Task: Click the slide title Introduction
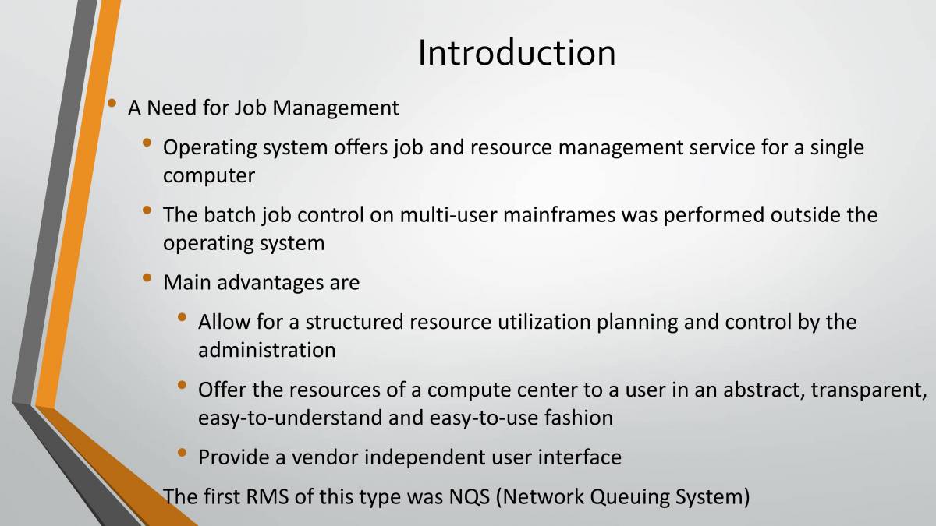[x=516, y=53]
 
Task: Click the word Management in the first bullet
[x=335, y=108]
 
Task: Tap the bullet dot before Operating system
[x=147, y=143]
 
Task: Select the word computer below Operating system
[x=208, y=176]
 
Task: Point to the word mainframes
[x=559, y=215]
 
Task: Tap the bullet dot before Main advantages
[x=147, y=277]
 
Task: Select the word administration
[x=267, y=350]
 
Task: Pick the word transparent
[x=868, y=390]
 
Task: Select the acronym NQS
[x=470, y=497]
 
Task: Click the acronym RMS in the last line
[x=267, y=497]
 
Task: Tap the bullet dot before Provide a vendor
[x=182, y=453]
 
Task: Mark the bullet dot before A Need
[x=112, y=103]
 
